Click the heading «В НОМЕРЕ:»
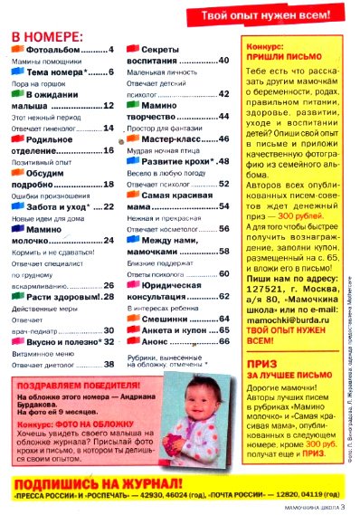(x=46, y=36)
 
